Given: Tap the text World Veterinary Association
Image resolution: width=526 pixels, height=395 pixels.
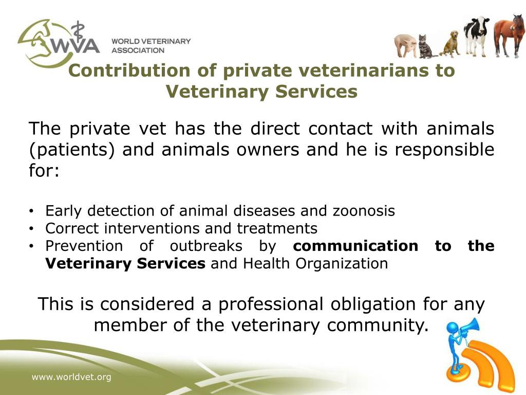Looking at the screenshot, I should pyautogui.click(x=151, y=45).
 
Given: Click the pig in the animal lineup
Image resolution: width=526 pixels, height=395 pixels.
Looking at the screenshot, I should pyautogui.click(x=405, y=45).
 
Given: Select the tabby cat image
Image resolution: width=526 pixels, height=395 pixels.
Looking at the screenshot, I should pyautogui.click(x=425, y=47).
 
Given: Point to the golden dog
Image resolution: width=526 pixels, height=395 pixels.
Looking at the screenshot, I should pyautogui.click(x=450, y=44).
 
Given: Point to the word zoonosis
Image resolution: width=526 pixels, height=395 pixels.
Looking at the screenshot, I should pyautogui.click(x=364, y=211).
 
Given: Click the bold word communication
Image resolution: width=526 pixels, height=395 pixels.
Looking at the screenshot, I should pyautogui.click(x=355, y=246).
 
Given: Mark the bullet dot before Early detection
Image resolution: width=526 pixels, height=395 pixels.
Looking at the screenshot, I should pyautogui.click(x=32, y=211).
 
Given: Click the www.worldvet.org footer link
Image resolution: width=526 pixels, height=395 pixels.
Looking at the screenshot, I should pyautogui.click(x=71, y=378).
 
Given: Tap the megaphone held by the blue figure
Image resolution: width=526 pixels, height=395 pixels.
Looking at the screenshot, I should pyautogui.click(x=469, y=327).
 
